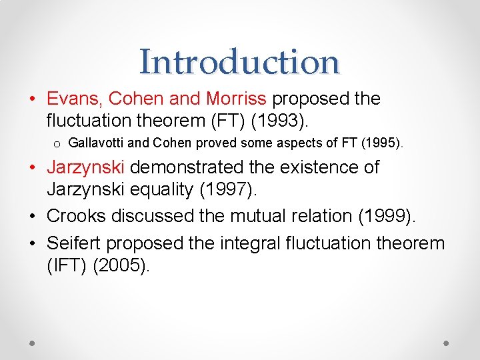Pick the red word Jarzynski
tap(86, 167)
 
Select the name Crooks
tap(77, 215)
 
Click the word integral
tap(253, 243)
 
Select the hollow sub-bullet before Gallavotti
tap(58, 143)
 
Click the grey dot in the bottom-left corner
tap(33, 342)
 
